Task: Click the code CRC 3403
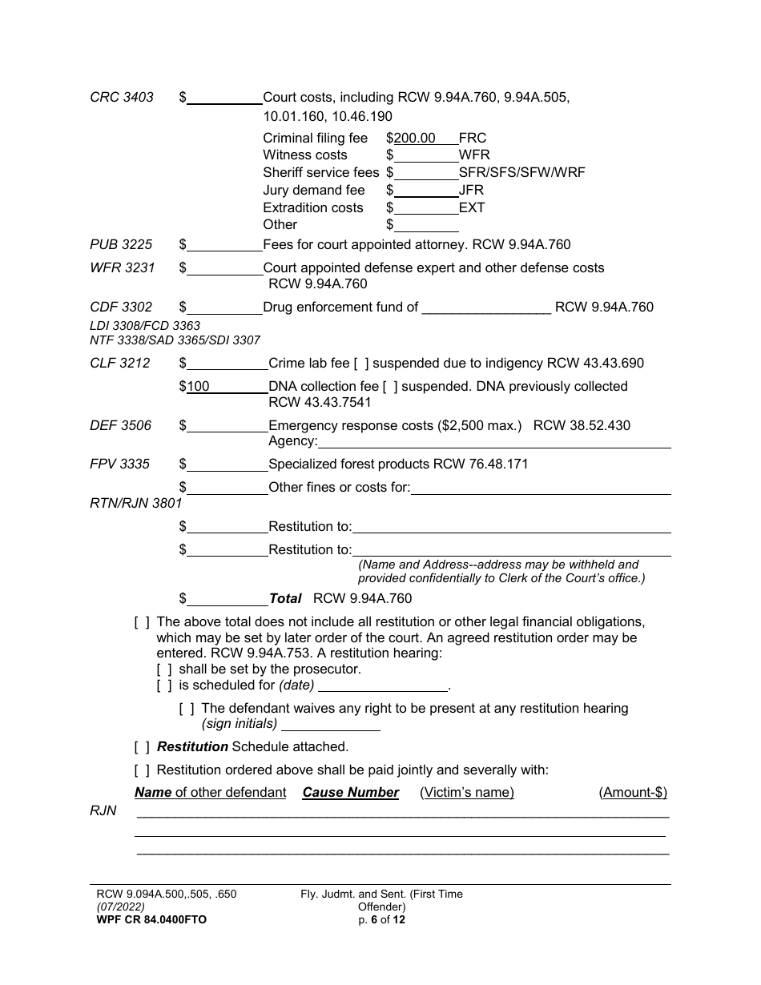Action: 122,98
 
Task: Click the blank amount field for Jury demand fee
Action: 426,191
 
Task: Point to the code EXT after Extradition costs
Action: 472,207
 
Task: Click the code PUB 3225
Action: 121,244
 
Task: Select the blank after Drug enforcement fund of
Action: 486,308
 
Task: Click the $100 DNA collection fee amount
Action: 198,386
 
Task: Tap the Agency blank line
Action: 493,441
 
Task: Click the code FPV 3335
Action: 119,464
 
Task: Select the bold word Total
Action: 285,598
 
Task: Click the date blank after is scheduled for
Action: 383,685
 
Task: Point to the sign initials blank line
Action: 331,724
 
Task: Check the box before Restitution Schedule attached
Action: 142,746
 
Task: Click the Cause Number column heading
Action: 350,792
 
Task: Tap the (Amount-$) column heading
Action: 633,792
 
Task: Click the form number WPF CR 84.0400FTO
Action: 151,919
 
